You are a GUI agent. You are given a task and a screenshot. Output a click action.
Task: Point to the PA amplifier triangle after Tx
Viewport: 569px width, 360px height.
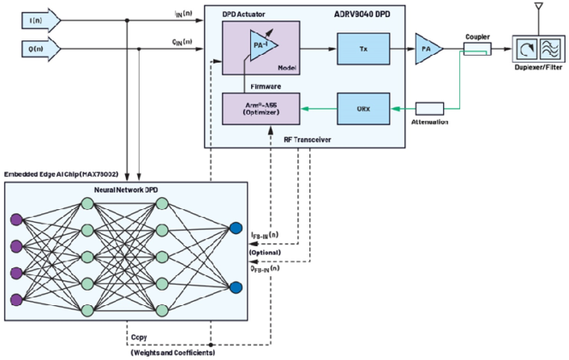click(x=426, y=51)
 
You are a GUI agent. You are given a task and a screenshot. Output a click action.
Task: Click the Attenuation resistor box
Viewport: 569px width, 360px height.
click(x=429, y=109)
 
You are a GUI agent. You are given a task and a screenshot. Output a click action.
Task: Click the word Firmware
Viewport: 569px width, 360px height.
click(x=255, y=87)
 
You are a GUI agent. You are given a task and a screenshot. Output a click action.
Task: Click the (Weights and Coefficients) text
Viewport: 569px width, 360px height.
click(x=172, y=351)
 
